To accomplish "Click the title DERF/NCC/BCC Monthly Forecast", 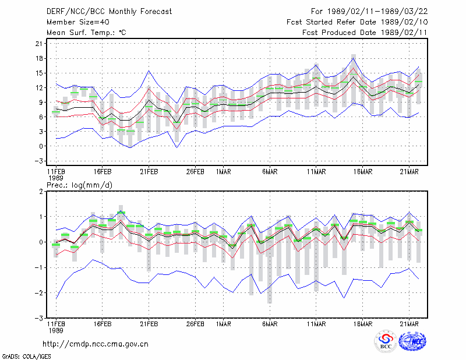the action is tap(109, 12).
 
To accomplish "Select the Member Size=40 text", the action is tap(78, 22).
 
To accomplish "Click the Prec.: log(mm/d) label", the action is tap(79, 185).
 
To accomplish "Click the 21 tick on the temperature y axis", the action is tap(39, 44).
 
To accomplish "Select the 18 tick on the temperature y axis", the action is tap(39, 58).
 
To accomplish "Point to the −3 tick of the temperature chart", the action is tap(38, 161).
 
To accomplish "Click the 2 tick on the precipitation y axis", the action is tap(41, 191).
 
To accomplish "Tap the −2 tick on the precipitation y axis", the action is tap(38, 293).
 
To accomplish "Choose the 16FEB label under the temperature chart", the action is tap(103, 172).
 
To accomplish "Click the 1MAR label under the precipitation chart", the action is tap(224, 324).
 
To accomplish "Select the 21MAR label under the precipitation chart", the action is tap(409, 324).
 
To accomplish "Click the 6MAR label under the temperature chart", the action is tap(270, 172).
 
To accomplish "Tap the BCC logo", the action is tap(386, 341).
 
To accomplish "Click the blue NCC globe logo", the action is tap(412, 341).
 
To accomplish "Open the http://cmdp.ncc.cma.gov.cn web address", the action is tap(96, 344).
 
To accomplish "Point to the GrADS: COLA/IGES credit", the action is tap(26, 357).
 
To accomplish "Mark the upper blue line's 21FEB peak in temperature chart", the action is tap(149, 70).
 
